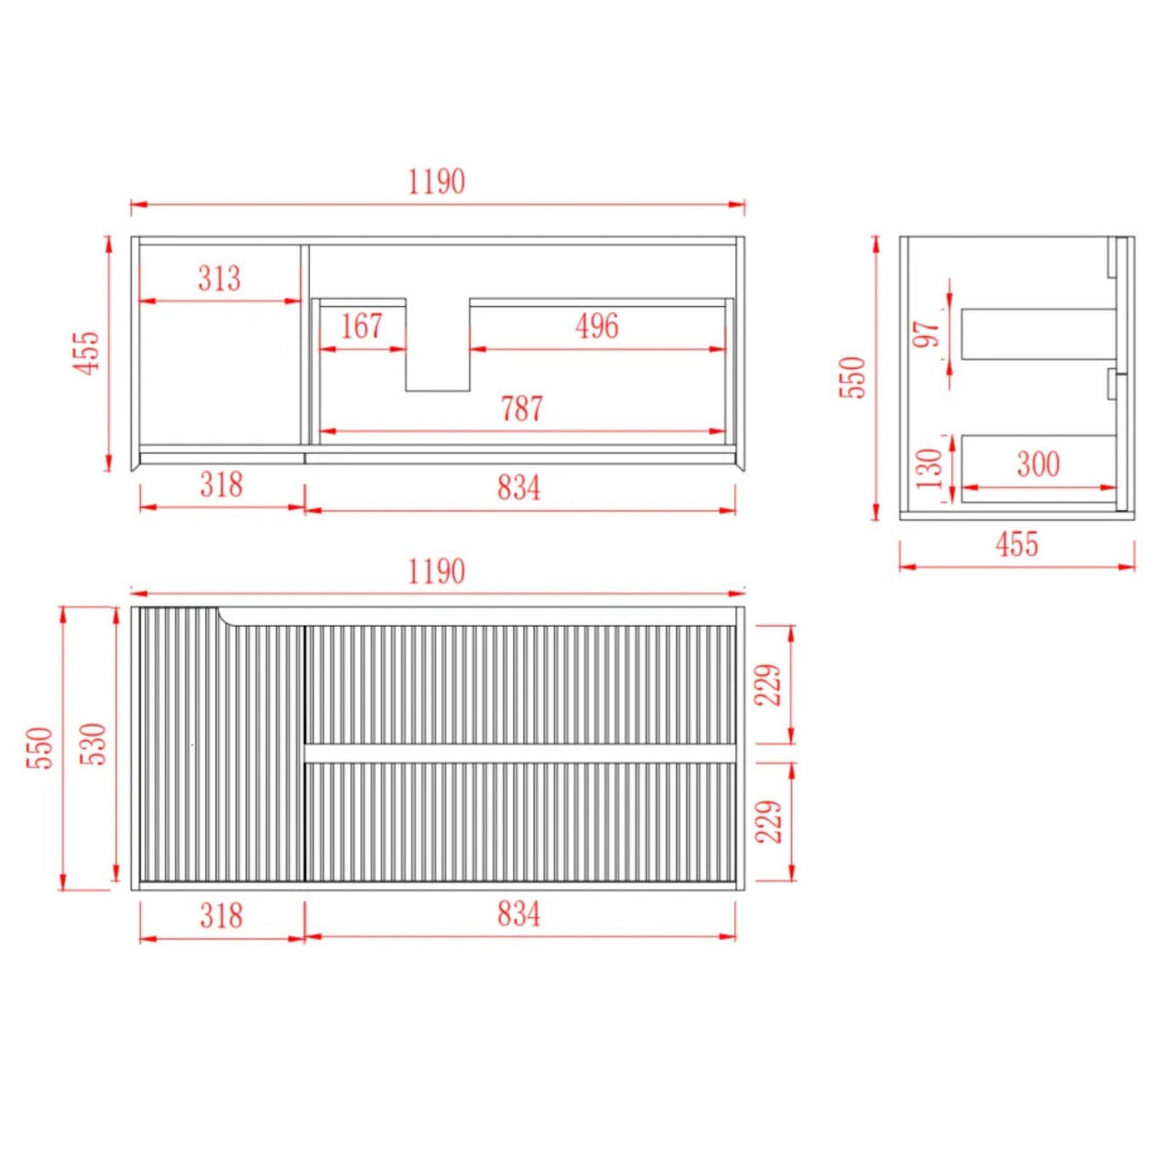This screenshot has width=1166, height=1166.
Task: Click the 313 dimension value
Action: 219,278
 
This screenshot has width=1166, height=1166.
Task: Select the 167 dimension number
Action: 361,326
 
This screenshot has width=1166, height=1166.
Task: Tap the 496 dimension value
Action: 597,326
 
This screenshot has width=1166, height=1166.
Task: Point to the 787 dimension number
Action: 522,408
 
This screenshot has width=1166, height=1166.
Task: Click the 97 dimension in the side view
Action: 926,333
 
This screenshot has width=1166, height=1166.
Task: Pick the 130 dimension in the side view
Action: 930,468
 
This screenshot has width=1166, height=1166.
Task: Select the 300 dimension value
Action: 1039,464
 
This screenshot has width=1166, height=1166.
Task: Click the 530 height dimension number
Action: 96,744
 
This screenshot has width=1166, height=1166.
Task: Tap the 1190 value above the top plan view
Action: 436,182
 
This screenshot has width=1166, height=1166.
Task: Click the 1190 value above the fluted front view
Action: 436,571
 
